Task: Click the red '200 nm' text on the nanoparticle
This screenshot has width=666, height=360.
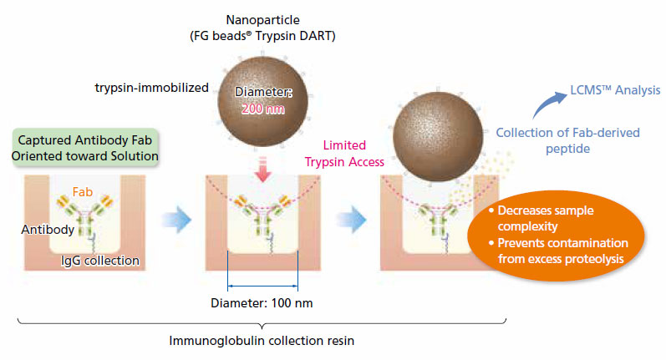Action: (x=262, y=109)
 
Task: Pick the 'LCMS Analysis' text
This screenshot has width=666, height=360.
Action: (x=614, y=89)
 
